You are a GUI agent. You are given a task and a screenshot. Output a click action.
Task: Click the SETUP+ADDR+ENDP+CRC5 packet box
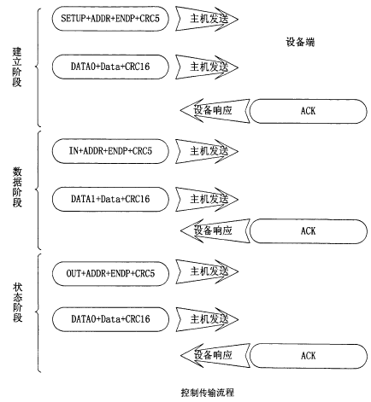point(110,19)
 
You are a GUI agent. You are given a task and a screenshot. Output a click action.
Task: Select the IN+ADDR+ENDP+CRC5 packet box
point(110,151)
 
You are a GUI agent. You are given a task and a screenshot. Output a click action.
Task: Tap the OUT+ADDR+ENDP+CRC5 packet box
point(110,274)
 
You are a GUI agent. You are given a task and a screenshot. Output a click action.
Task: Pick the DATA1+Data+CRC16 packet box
point(110,199)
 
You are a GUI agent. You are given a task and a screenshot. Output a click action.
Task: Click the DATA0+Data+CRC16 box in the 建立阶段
point(110,67)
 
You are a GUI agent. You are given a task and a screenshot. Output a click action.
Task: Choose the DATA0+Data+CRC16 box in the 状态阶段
point(110,319)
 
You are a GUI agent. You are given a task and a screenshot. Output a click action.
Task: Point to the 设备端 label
point(300,43)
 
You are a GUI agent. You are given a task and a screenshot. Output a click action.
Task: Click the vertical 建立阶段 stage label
point(17,67)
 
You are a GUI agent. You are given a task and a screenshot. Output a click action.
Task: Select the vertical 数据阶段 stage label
point(17,187)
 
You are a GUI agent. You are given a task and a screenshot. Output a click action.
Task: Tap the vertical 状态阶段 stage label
point(17,302)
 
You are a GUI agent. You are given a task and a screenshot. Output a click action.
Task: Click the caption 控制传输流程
point(208,393)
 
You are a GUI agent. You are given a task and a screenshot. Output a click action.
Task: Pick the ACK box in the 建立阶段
point(309,111)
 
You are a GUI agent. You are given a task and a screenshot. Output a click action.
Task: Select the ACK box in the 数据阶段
point(309,231)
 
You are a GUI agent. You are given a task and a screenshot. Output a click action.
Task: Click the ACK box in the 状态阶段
point(309,356)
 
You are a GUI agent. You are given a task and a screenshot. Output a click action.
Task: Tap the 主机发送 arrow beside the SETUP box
point(207,19)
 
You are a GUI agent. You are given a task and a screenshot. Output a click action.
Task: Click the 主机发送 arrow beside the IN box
point(207,151)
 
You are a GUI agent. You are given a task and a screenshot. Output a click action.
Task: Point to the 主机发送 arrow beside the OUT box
point(207,271)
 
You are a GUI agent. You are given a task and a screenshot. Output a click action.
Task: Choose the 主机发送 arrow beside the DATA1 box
point(207,199)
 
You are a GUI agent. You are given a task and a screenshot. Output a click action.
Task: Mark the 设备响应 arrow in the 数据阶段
point(215,230)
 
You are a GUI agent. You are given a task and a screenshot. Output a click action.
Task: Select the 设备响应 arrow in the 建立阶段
point(215,111)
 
